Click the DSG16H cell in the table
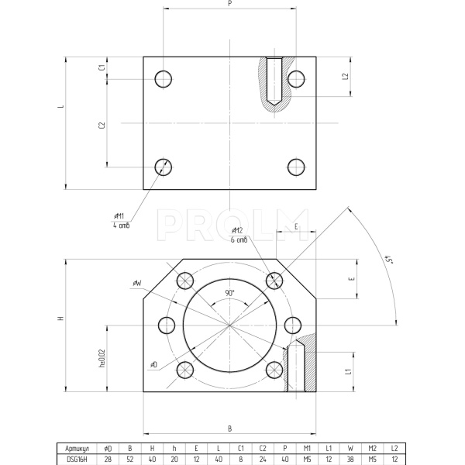pyautogui.click(x=78, y=458)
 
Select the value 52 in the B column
pyautogui.click(x=129, y=458)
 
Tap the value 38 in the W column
pyautogui.click(x=350, y=458)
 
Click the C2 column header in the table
pyautogui.click(x=263, y=448)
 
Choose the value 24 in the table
pyautogui.click(x=263, y=458)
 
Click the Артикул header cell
pyautogui.click(x=78, y=448)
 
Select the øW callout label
pyautogui.click(x=136, y=284)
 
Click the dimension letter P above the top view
pyautogui.click(x=230, y=4)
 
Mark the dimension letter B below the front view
pyautogui.click(x=229, y=428)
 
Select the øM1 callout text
pyautogui.click(x=119, y=217)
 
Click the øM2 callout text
pyautogui.click(x=237, y=231)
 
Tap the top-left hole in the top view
pyautogui.click(x=164, y=79)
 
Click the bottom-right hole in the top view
pyautogui.click(x=295, y=167)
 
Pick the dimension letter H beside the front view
pyautogui.click(x=60, y=319)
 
